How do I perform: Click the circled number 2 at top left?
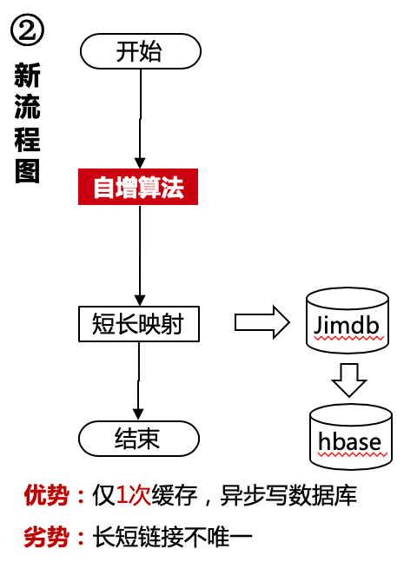tap(28, 32)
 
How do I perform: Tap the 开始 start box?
tap(140, 51)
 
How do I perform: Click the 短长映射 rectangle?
tap(139, 324)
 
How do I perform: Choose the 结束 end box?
tap(139, 439)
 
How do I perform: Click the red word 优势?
tap(47, 496)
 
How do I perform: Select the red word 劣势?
tap(47, 537)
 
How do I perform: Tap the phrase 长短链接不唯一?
tap(172, 537)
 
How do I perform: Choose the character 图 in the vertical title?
tap(28, 170)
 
